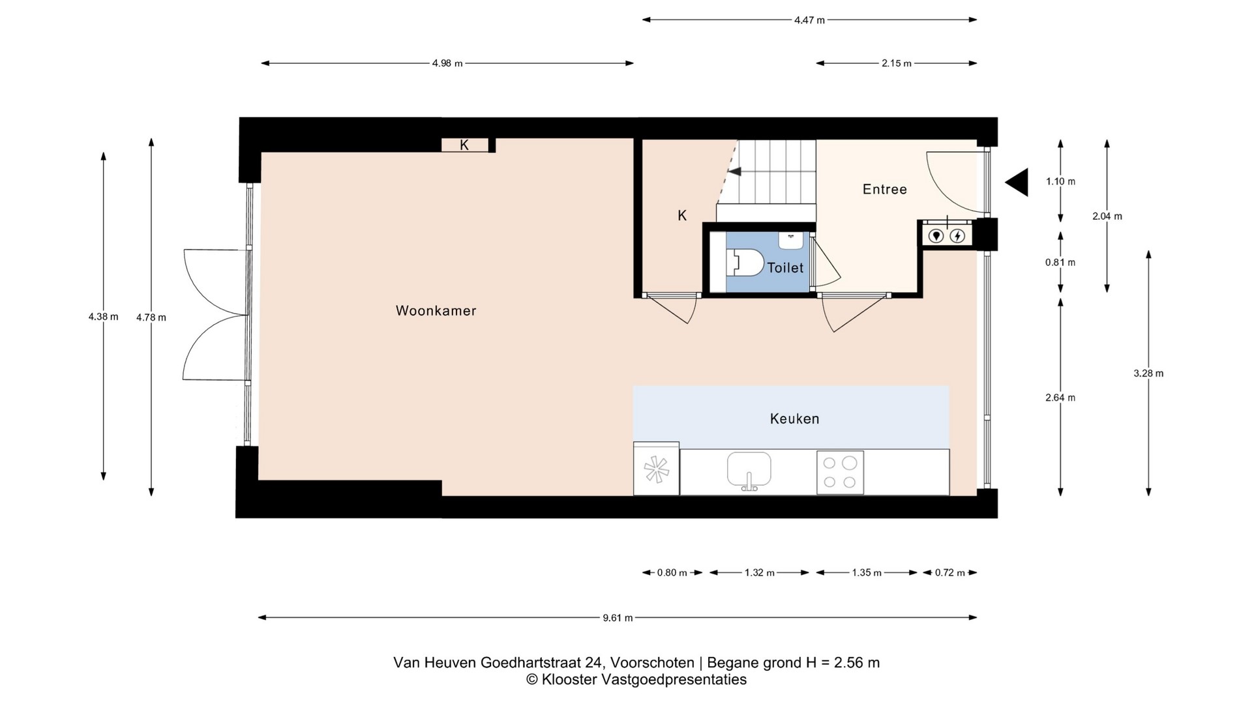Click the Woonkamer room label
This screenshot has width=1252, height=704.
tap(436, 311)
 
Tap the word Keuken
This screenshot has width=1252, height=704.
tap(794, 418)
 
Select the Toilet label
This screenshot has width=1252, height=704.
tap(785, 267)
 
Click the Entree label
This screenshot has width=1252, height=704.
tap(884, 189)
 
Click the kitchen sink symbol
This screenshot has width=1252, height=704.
tap(749, 471)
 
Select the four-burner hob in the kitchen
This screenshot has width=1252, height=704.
tap(840, 473)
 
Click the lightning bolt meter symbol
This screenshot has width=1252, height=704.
tap(957, 235)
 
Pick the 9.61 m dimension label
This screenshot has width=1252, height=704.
tap(618, 618)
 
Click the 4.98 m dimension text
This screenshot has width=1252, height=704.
tap(447, 63)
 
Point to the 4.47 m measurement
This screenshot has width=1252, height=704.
tap(809, 20)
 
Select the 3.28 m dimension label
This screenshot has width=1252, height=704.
tap(1148, 374)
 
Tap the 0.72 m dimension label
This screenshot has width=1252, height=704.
tap(949, 573)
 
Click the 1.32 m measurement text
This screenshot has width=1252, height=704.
tap(759, 573)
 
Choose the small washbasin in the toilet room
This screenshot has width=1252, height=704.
tap(791, 240)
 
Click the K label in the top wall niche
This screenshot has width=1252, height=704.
tap(464, 145)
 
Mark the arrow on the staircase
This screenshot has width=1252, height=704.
tap(734, 171)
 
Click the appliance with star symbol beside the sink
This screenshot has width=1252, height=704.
tap(656, 469)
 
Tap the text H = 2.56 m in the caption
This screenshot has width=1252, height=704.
tap(842, 663)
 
